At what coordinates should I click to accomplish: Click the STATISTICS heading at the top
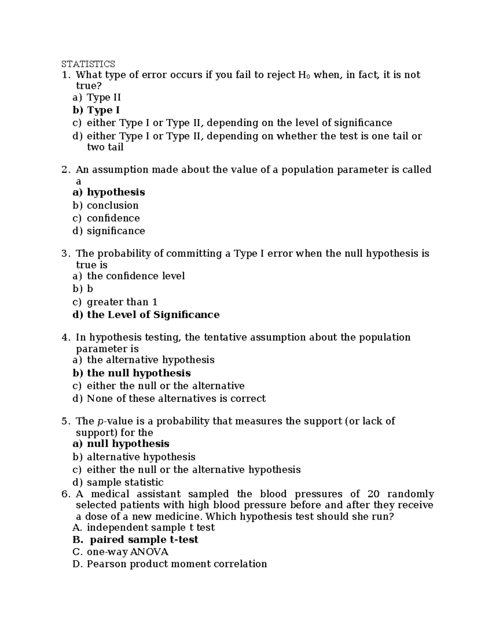point(88,64)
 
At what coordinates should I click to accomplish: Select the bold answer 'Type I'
point(103,110)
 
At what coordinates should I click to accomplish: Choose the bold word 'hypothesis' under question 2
point(116,192)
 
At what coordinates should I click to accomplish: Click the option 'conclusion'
point(112,205)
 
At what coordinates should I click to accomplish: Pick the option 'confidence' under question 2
point(113,218)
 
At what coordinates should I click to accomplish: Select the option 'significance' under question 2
point(116,231)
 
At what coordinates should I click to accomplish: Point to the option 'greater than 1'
point(122,302)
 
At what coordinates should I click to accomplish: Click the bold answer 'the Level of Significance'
point(153,315)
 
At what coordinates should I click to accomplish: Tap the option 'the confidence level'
point(136,276)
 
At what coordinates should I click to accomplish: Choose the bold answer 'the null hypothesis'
point(139,373)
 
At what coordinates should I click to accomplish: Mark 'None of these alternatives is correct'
point(176,398)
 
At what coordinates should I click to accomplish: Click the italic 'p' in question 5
point(101,421)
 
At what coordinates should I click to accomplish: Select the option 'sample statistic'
point(125,482)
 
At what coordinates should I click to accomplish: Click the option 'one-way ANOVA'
point(128,552)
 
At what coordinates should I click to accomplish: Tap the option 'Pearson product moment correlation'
point(177,564)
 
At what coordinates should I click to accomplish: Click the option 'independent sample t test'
point(150,527)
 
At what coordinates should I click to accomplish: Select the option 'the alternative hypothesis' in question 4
point(150,360)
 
